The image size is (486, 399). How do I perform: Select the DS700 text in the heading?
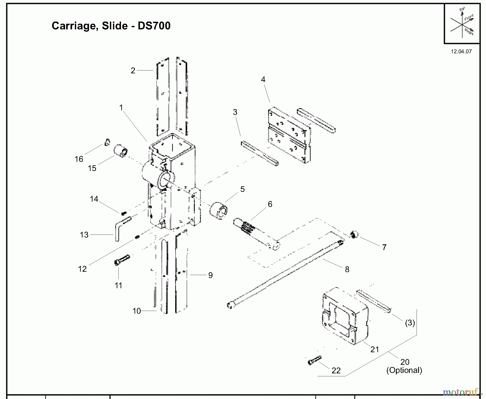coord(154,26)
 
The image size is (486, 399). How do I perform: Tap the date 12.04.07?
coord(461,52)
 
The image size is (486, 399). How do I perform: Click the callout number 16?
coord(79,159)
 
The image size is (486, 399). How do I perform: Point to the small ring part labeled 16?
coord(107,142)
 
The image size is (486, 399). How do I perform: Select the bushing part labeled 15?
coord(121,151)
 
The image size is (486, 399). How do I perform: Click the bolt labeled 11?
coord(122,260)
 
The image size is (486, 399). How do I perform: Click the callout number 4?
coord(263,79)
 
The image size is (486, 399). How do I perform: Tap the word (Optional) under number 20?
coord(404,370)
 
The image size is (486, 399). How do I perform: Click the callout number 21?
coord(374,349)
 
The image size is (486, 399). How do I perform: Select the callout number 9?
coord(210,275)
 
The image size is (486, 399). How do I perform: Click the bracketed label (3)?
coord(410,323)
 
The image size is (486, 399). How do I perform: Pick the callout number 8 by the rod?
coord(347,269)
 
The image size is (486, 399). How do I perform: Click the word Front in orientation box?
coord(469,18)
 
